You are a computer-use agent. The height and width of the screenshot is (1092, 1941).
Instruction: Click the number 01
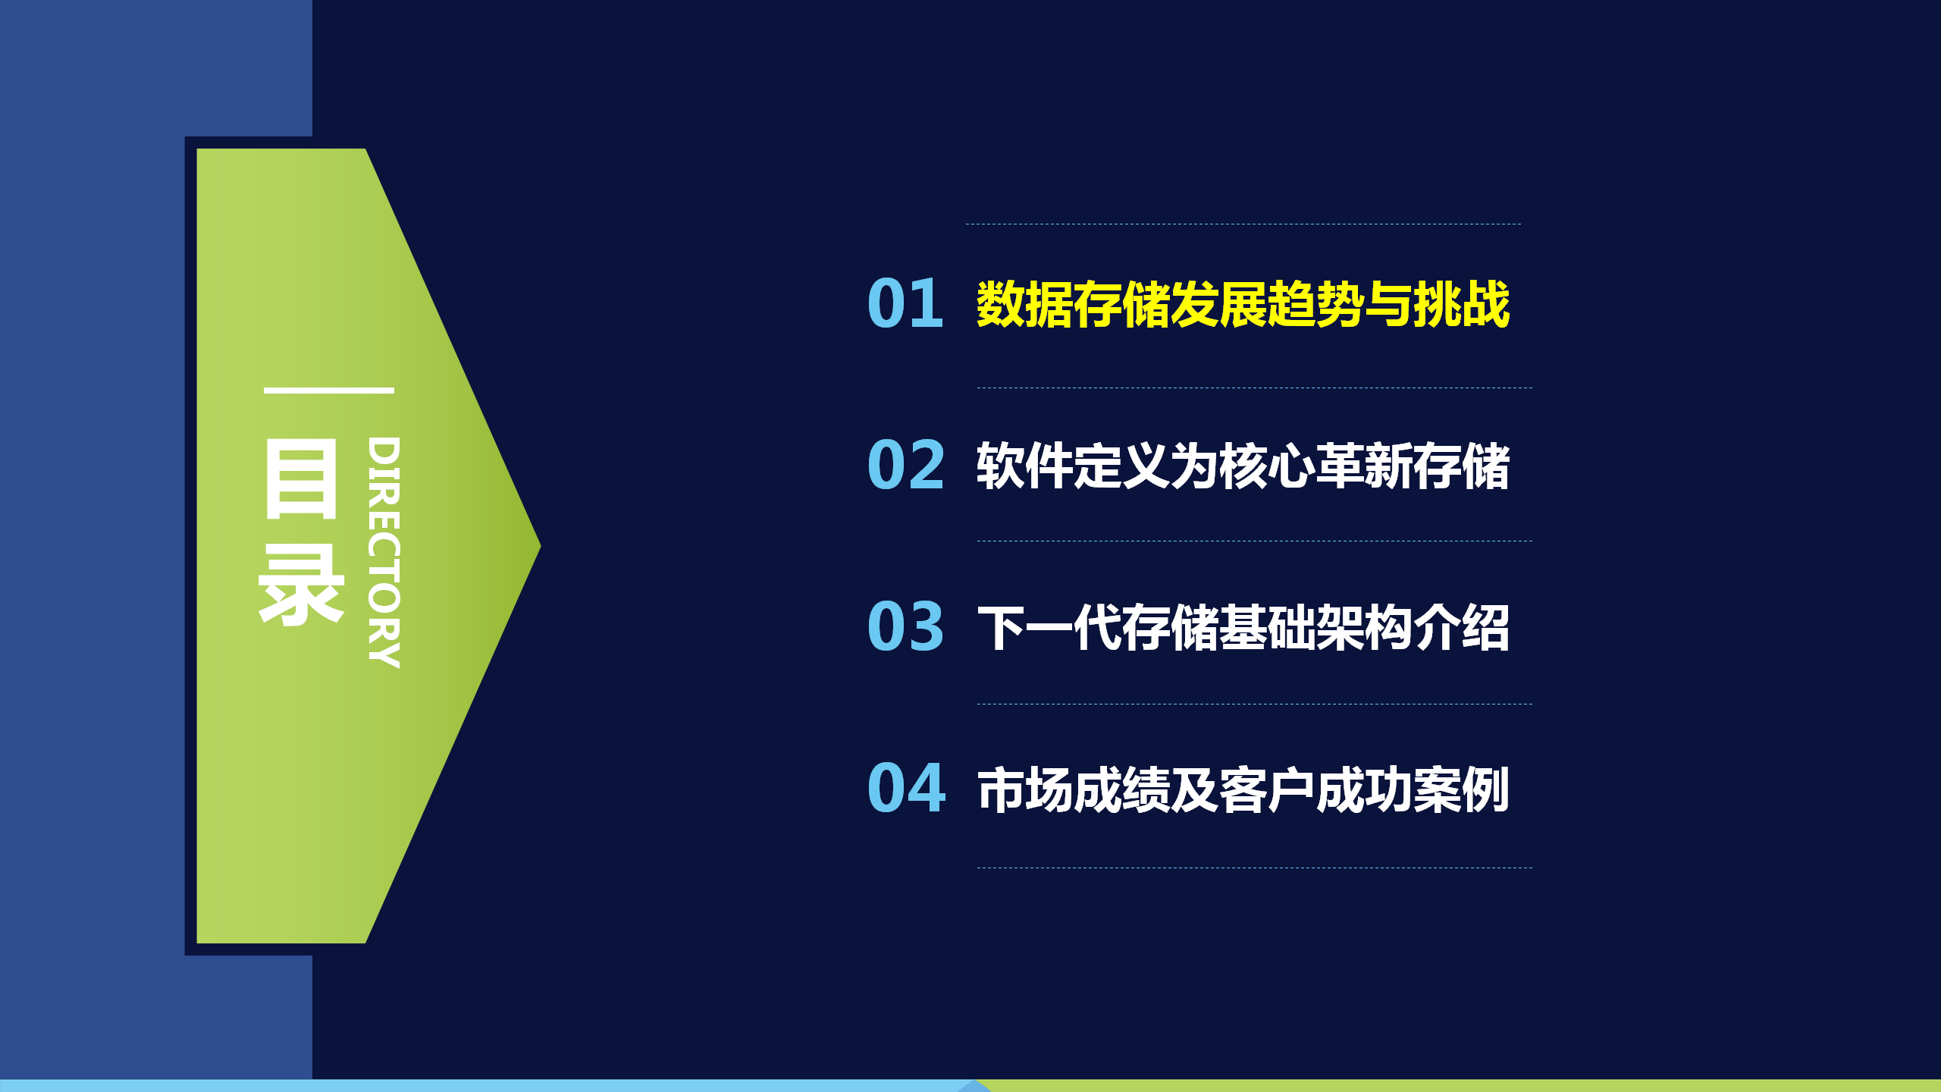pyautogui.click(x=905, y=303)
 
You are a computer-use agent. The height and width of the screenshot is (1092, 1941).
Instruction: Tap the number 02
pyautogui.click(x=906, y=465)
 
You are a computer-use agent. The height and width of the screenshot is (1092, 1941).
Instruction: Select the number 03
pyautogui.click(x=906, y=626)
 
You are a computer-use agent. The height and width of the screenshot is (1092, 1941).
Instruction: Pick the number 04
pyautogui.click(x=907, y=788)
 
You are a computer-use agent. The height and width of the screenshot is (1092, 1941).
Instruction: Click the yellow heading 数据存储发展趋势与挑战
pyautogui.click(x=1243, y=304)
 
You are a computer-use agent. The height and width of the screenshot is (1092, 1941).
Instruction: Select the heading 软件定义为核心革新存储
pyautogui.click(x=1243, y=466)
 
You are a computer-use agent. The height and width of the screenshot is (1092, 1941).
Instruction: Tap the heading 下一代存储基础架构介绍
pyautogui.click(x=1243, y=627)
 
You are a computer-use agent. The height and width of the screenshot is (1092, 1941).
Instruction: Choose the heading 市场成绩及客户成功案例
pyautogui.click(x=1243, y=789)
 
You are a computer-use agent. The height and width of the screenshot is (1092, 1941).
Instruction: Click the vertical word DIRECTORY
pyautogui.click(x=384, y=552)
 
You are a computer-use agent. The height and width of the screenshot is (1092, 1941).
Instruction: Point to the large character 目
pyautogui.click(x=301, y=479)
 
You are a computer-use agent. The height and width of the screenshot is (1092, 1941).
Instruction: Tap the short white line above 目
pyautogui.click(x=329, y=391)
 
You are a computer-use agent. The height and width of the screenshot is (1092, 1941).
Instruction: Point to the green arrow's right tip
pyautogui.click(x=540, y=546)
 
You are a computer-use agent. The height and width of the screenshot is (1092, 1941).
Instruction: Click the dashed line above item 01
pyautogui.click(x=1243, y=224)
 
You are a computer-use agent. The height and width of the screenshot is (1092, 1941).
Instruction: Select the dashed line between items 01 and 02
pyautogui.click(x=1255, y=388)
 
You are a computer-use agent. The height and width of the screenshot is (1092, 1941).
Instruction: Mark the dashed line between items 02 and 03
pyautogui.click(x=1255, y=541)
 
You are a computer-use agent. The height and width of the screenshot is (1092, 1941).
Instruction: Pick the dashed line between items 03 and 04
pyautogui.click(x=1255, y=704)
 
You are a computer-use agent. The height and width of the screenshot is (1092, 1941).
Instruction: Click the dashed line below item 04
pyautogui.click(x=1255, y=868)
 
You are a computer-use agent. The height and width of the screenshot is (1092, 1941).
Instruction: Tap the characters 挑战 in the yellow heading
pyautogui.click(x=1462, y=304)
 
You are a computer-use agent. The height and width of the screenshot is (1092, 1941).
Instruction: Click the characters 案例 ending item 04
pyautogui.click(x=1462, y=789)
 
